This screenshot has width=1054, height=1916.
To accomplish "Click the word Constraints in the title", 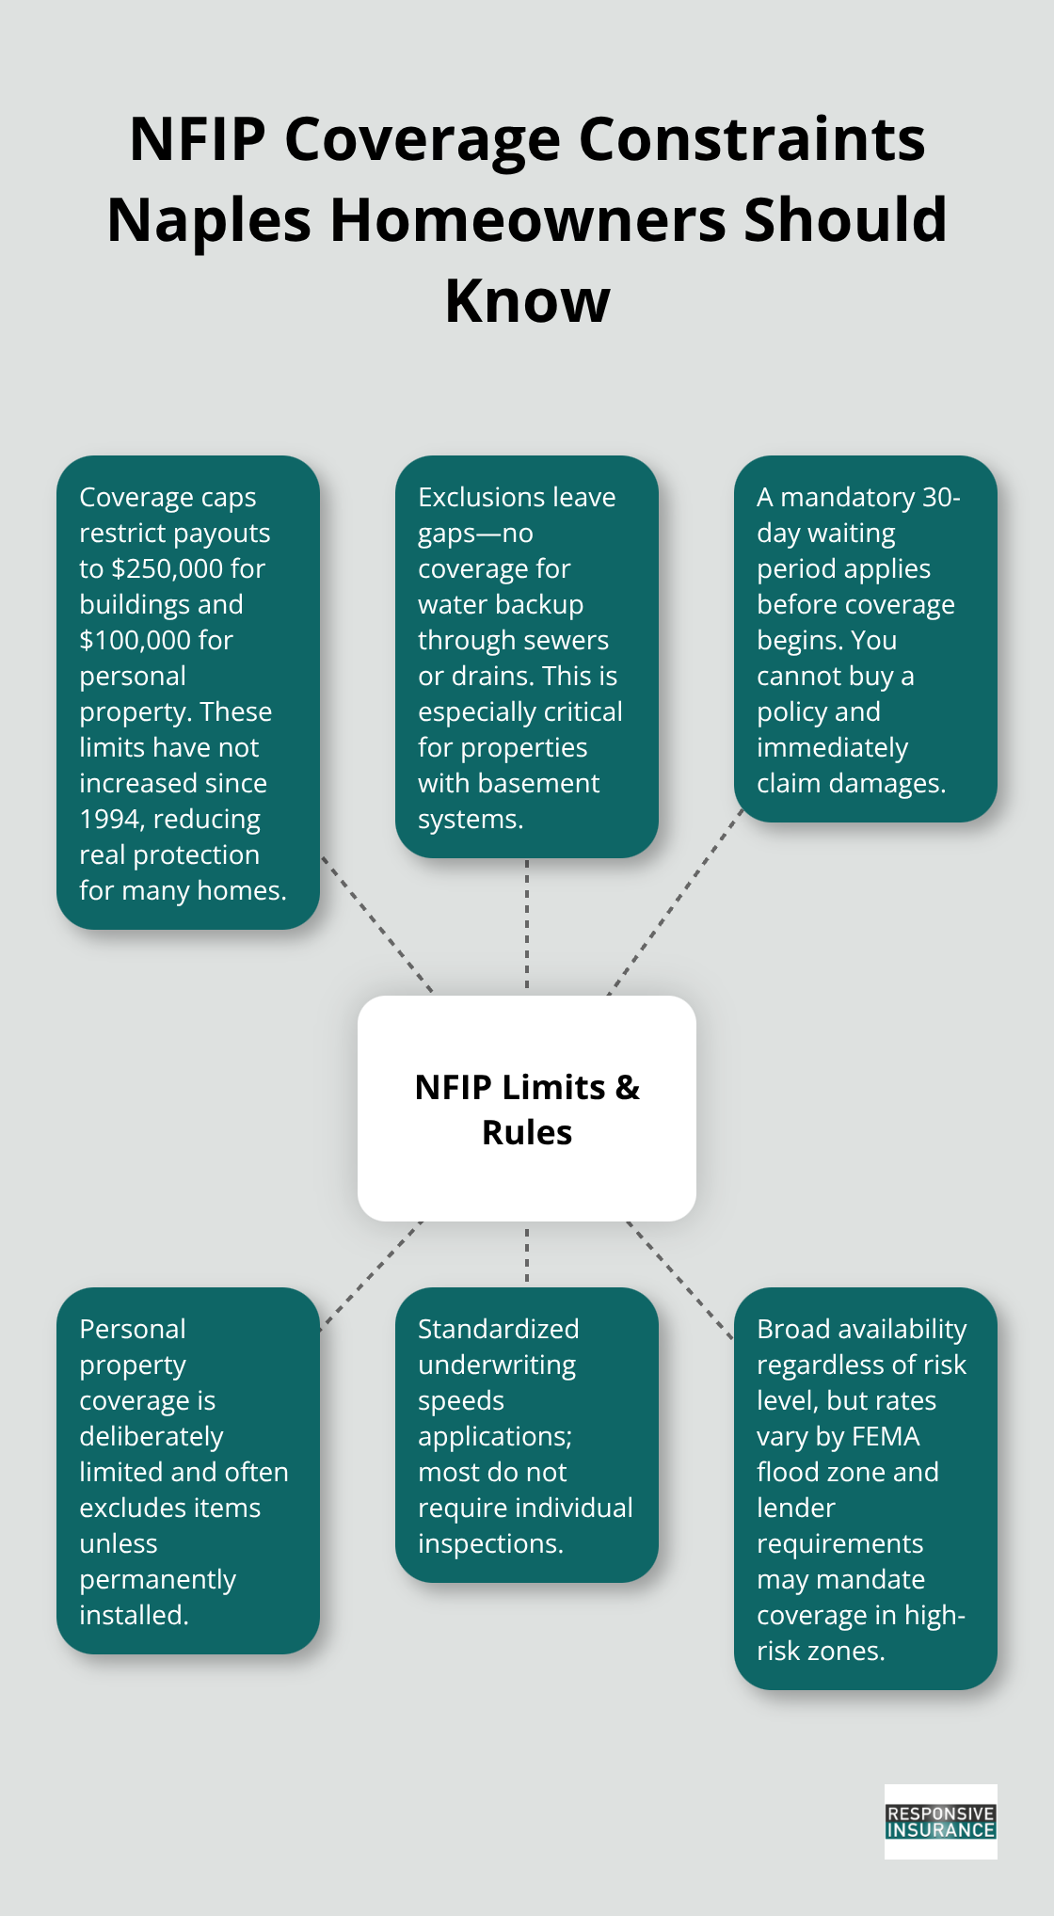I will click(x=751, y=139).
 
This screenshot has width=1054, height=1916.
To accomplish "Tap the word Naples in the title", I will click(x=209, y=220).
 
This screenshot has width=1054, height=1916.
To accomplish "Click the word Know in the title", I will click(x=527, y=301).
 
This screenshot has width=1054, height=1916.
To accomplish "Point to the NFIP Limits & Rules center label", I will click(x=527, y=1109).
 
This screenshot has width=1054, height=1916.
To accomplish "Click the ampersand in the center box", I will click(x=627, y=1088).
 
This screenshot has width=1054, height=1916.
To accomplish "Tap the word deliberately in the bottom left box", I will click(x=151, y=1436).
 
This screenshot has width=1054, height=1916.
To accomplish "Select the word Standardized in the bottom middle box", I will click(x=498, y=1329).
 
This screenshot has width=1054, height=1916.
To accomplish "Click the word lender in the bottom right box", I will click(x=795, y=1508).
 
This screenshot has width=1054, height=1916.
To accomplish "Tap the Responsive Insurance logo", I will click(x=940, y=1821).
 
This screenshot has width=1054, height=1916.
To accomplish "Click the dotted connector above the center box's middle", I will click(x=527, y=927).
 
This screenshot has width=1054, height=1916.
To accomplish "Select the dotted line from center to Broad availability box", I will click(x=679, y=1280).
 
